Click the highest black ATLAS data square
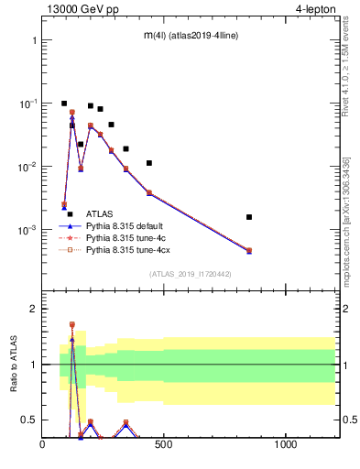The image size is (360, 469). coord(64,104)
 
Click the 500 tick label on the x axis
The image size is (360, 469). coord(164,445)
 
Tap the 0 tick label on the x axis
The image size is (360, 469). coord(42,445)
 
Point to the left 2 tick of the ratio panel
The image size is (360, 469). coord(32,309)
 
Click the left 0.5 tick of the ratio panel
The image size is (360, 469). coord(28,420)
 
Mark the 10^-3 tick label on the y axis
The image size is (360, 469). coord(27,229)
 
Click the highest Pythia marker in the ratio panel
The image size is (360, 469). coord(71,324)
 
